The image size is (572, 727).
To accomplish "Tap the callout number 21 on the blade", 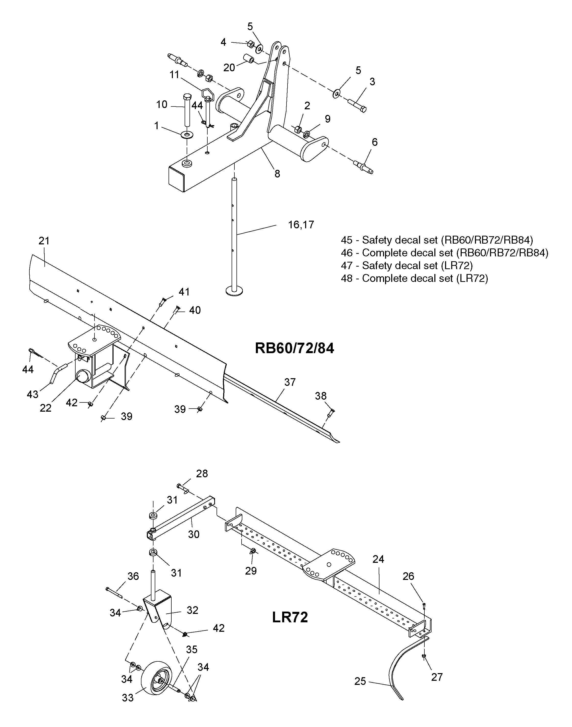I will (44, 241).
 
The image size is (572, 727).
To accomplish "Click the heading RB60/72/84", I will (294, 349).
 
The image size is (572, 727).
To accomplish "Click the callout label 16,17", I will (301, 224).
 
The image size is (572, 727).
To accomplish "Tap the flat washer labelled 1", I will (187, 135).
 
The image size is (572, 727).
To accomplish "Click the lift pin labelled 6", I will (363, 166).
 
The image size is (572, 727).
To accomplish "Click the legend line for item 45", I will (437, 240).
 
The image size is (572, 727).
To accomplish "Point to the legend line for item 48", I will (414, 278).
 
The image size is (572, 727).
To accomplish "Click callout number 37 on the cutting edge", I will (290, 382).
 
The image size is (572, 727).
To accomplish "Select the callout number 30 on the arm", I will (194, 534).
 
